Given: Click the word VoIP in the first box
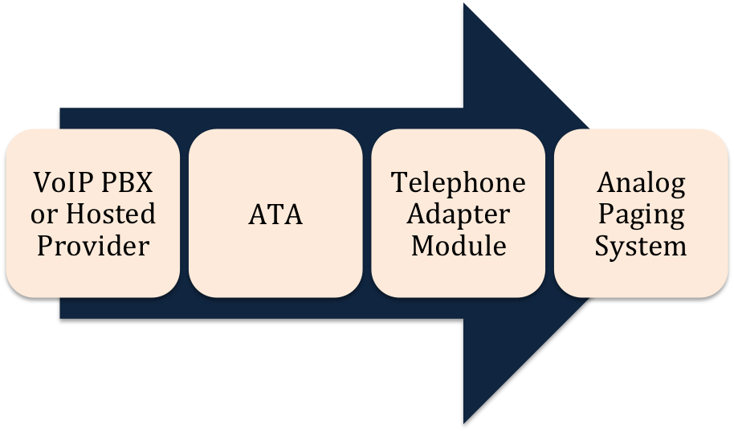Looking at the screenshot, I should (x=61, y=184).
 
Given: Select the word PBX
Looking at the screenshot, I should (x=126, y=184).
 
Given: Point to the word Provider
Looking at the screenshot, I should (x=94, y=245).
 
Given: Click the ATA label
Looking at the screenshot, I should (x=275, y=214).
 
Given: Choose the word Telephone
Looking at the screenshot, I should (x=459, y=184).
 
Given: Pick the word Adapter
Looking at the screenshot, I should (x=459, y=214).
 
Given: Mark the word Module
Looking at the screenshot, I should (x=459, y=245).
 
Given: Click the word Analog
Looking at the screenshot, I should (x=641, y=184).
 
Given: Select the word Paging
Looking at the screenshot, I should (x=641, y=214).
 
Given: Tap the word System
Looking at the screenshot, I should (x=641, y=245).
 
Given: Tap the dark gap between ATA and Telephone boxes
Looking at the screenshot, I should (x=367, y=213).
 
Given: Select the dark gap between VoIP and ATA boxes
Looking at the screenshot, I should (x=184, y=213).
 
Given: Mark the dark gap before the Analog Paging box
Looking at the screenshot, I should (x=550, y=213).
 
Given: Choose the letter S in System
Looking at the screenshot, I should (x=601, y=245).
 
